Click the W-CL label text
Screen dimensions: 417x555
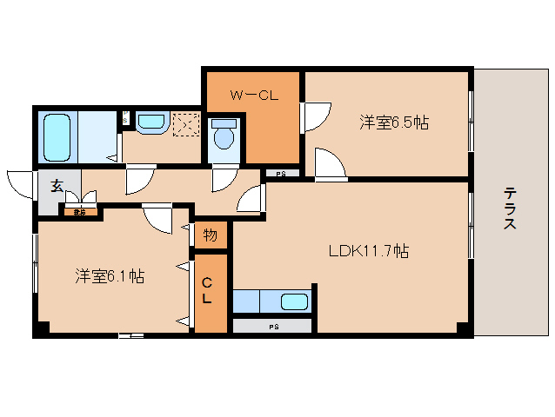click(254, 96)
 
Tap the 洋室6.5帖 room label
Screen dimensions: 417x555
click(393, 122)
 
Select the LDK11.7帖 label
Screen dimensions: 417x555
click(368, 252)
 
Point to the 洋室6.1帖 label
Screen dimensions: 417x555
click(109, 276)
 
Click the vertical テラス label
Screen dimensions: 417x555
click(509, 209)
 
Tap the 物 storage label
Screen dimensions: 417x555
click(210, 235)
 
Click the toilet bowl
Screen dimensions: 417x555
click(224, 136)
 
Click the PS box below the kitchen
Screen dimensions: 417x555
click(273, 327)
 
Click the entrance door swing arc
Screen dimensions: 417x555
click(19, 182)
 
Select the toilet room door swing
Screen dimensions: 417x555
click(224, 178)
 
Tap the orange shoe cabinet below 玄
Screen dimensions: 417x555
click(79, 210)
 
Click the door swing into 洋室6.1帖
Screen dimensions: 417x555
click(157, 217)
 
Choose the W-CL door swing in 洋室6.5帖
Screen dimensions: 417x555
click(315, 116)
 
